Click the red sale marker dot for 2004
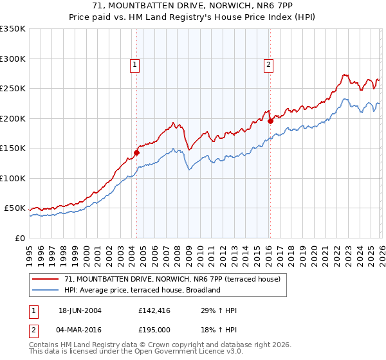tap(136, 152)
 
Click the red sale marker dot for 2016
tap(270, 121)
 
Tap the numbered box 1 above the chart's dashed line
tap(134, 64)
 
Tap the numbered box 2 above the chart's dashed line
tap(268, 64)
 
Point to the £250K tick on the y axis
tap(13, 89)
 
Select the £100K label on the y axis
tap(13, 178)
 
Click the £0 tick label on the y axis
tap(19, 238)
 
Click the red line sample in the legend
tap(46, 280)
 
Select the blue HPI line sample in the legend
tap(46, 291)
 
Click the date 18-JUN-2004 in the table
tap(80, 310)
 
